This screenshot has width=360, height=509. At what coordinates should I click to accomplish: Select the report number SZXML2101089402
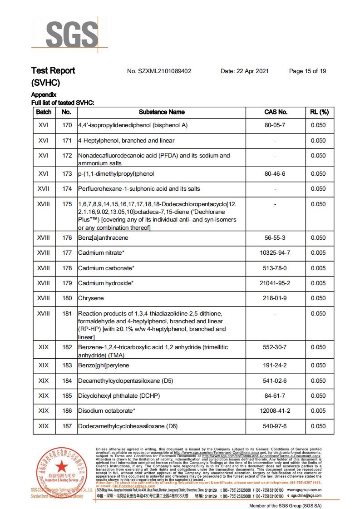159,71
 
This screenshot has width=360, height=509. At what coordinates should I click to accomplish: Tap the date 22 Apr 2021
245,71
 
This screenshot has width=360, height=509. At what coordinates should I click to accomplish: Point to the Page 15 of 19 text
307,71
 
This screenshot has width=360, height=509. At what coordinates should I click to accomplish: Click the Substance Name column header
162,112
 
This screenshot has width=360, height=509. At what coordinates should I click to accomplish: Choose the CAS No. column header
276,112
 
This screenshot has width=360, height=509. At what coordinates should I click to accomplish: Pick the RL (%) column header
319,112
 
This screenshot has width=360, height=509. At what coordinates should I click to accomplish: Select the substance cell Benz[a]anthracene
103,238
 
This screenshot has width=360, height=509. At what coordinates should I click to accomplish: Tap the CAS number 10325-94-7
275,253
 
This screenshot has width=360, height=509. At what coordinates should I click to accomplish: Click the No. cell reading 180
67,298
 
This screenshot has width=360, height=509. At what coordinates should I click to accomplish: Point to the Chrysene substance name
91,298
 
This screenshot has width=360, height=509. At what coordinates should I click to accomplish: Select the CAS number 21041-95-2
275,283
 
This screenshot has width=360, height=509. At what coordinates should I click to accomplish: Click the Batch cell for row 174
44,189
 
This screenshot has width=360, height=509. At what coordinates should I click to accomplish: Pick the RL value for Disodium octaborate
318,411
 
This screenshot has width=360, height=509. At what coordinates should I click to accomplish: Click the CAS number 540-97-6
275,426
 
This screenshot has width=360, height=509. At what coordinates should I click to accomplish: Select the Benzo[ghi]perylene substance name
104,366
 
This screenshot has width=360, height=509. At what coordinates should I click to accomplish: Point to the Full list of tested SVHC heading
63,103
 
